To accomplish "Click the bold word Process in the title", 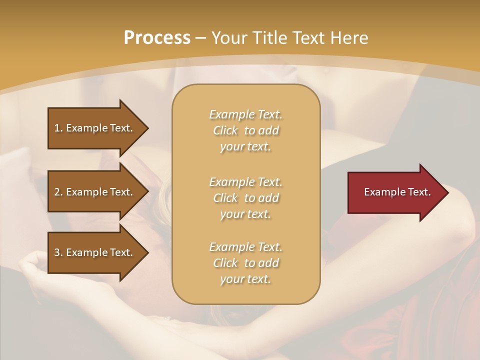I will coord(157,38).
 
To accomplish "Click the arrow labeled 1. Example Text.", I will coord(95,128).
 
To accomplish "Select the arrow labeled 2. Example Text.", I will coord(95,192).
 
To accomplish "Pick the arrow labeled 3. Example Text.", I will coord(95,252).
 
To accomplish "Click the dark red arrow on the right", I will coord(395,192).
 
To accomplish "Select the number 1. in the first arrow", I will coord(58,128).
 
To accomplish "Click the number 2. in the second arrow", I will coord(58,192).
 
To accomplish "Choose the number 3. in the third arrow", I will coord(58,252).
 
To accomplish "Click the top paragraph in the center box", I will coord(245,130).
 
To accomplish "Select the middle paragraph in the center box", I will coord(245,198).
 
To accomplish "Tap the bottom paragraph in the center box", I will coord(245,263).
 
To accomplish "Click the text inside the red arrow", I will coord(397,192).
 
